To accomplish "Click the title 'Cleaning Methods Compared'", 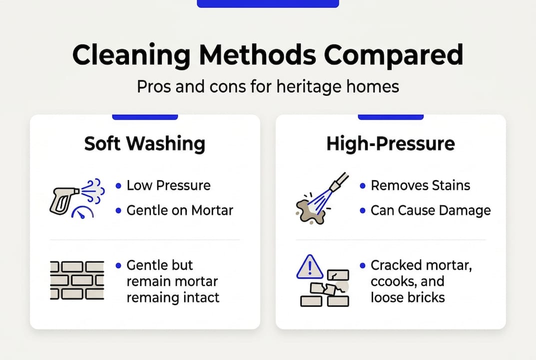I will point(268,55).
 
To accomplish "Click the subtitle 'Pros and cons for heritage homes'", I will point(268,86).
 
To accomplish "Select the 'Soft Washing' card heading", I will point(145,144).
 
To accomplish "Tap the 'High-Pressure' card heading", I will point(391,144).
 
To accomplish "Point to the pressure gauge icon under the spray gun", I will point(83,212).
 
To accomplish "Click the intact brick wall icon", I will point(77,280).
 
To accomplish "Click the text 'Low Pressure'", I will point(168,185).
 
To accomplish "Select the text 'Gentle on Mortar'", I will point(180,210).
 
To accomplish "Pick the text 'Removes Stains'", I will point(420,185).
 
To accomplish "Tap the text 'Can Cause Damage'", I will point(431,210).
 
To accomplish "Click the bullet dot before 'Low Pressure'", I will point(118,185).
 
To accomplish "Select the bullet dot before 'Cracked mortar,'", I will point(362,265).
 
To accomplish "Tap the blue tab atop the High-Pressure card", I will point(391,117).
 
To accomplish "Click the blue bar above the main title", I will point(268,3).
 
